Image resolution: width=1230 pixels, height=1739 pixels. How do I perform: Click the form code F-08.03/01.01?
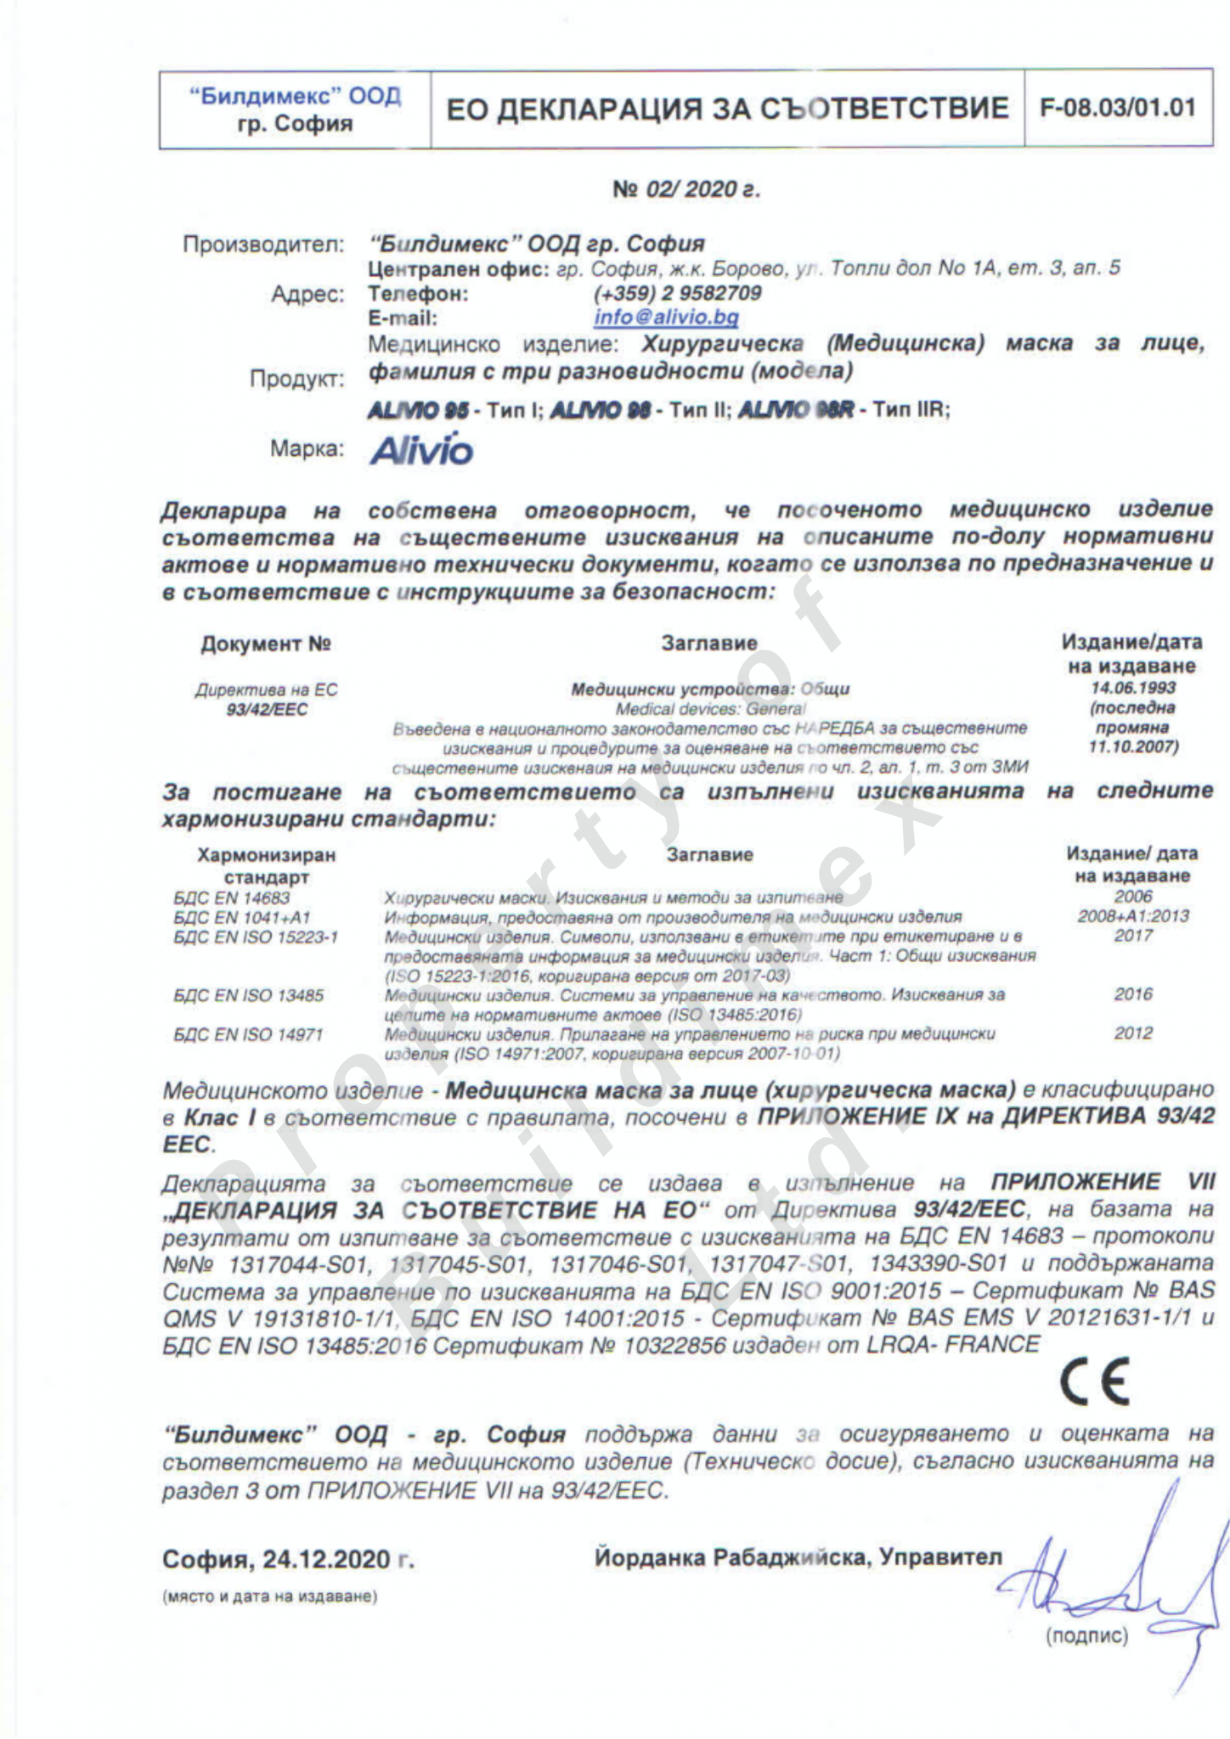click(1118, 109)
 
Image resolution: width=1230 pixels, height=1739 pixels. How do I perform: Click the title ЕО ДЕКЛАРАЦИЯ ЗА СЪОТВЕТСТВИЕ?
click(727, 110)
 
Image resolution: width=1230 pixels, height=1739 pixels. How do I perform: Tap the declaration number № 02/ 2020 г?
click(686, 189)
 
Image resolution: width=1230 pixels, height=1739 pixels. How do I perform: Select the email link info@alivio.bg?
click(666, 318)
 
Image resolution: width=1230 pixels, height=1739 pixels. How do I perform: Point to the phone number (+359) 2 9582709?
click(677, 293)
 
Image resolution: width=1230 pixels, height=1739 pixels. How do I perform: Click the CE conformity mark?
click(1095, 1382)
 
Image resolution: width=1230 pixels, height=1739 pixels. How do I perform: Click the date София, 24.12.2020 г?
click(288, 1559)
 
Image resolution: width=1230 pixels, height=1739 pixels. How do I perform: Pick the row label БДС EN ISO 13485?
click(248, 995)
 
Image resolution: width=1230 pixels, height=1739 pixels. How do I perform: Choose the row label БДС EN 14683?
click(231, 898)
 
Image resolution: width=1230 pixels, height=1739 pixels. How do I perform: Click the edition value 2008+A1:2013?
click(1133, 916)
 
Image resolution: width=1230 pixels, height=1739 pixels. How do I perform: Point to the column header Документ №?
click(265, 644)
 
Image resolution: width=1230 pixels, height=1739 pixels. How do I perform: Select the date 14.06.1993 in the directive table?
click(1133, 688)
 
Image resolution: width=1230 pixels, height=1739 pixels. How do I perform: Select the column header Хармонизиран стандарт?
click(266, 865)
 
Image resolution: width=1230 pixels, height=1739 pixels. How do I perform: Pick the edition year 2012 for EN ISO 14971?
click(1133, 1033)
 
